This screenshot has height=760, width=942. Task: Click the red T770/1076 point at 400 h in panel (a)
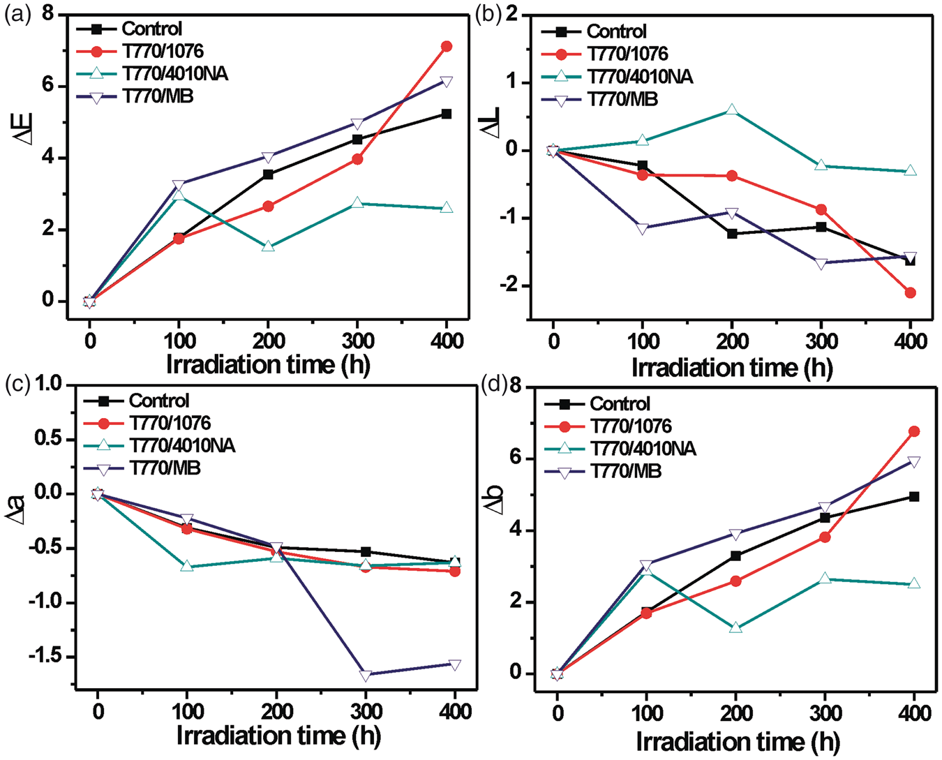[x=446, y=46]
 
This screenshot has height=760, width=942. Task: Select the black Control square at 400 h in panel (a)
[x=446, y=114]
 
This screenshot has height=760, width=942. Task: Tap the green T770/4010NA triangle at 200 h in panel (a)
[x=269, y=246]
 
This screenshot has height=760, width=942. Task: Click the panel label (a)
[x=17, y=16]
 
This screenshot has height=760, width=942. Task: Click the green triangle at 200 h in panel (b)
[x=731, y=110]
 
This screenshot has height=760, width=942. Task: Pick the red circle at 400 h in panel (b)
[x=910, y=292]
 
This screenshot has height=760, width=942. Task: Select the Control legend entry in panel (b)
[x=594, y=31]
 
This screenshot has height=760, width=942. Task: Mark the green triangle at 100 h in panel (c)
[x=187, y=565]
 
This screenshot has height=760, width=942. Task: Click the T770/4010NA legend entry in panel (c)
[x=160, y=446]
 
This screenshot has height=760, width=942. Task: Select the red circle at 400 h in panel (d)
[x=913, y=432]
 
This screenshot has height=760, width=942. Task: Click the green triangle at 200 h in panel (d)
[x=735, y=627]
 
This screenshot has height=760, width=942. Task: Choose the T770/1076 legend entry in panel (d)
[x=608, y=426]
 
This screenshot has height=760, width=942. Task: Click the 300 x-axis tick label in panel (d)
[x=825, y=714]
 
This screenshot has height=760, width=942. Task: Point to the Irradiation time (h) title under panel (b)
[x=732, y=368]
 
